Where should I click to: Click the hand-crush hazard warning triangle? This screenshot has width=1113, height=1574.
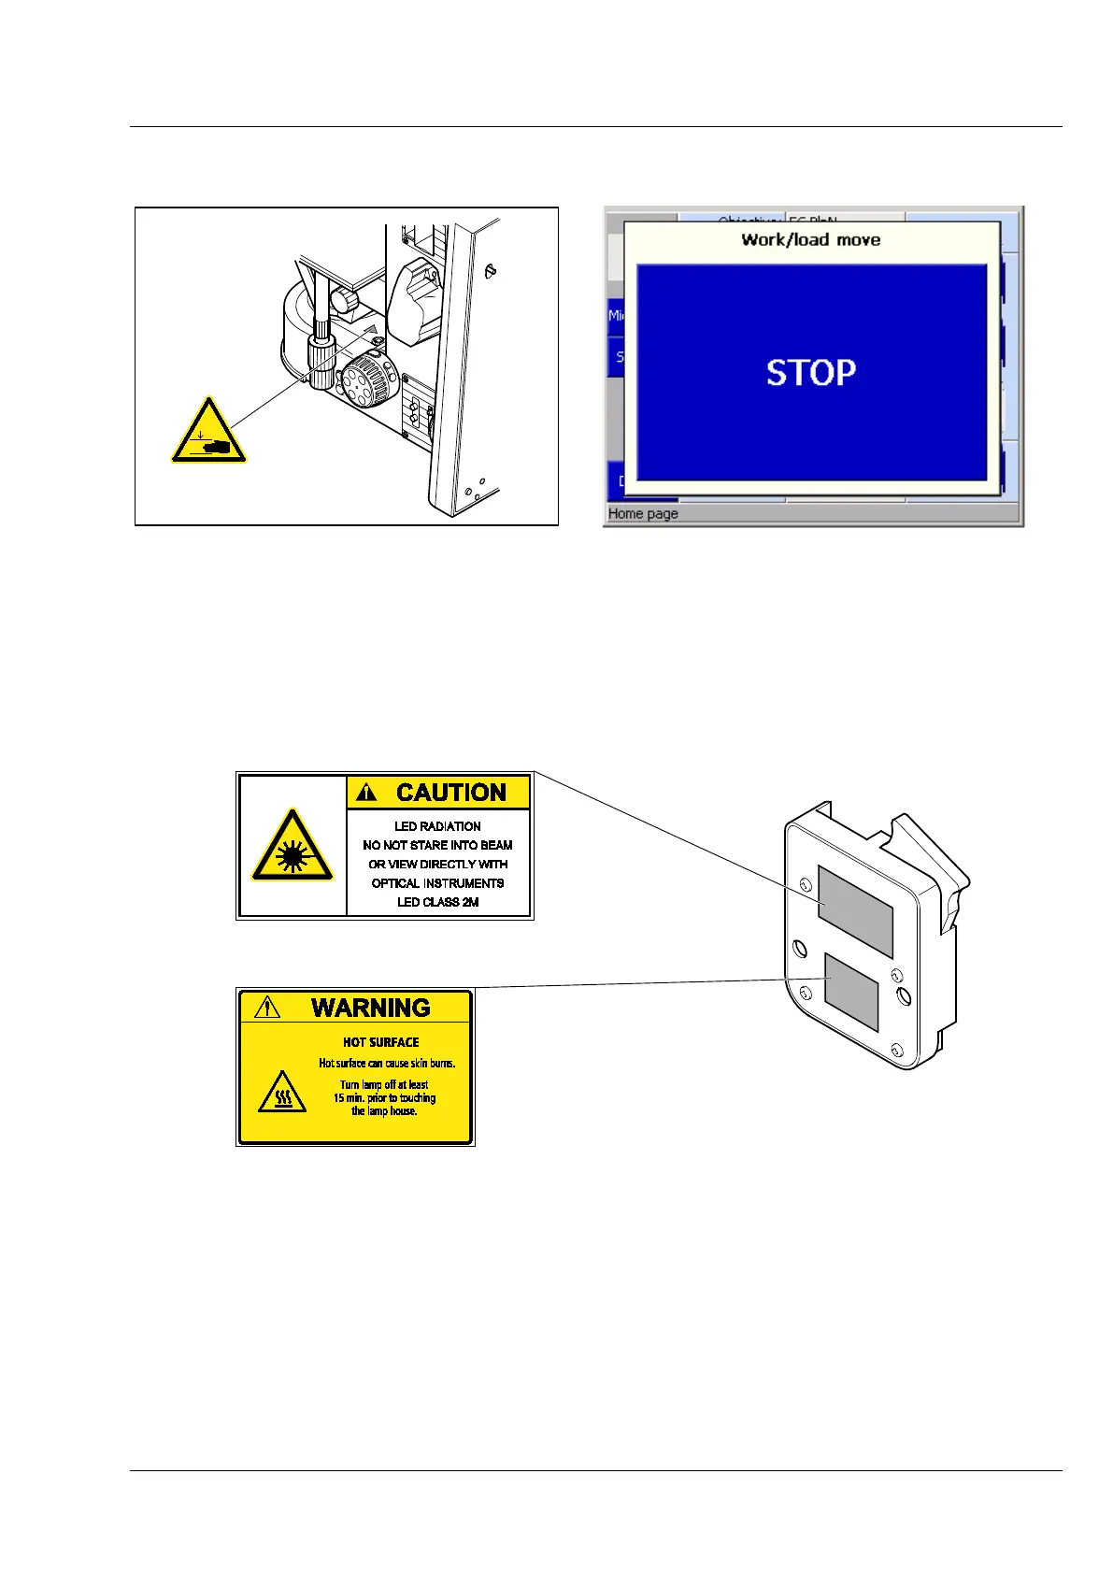(x=208, y=433)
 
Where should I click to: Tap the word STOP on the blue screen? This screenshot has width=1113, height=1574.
(x=811, y=373)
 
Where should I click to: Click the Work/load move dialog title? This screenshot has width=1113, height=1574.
(x=810, y=240)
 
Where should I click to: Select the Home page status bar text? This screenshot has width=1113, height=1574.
(x=643, y=514)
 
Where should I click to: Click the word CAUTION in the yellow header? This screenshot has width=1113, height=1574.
(x=450, y=793)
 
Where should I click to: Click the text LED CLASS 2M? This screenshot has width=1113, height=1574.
(x=437, y=902)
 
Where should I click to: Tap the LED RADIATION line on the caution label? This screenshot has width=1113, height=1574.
(x=437, y=826)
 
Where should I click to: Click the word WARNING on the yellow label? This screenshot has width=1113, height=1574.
(x=370, y=1008)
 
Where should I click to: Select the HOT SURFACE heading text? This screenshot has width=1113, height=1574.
(x=380, y=1042)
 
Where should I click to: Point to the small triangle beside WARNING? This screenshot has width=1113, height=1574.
(x=267, y=1008)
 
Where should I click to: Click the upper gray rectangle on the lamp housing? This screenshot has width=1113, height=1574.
(x=855, y=911)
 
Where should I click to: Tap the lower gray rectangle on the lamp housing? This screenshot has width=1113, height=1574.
(x=850, y=991)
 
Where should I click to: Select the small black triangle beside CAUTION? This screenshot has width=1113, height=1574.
(x=367, y=793)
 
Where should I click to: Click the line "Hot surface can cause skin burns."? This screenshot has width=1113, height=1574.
(x=387, y=1064)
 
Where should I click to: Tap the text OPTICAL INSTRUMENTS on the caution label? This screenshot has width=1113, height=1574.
(x=437, y=883)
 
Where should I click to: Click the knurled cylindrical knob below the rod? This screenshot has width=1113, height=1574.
(x=321, y=362)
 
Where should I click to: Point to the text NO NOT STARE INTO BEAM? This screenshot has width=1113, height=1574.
(x=437, y=845)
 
